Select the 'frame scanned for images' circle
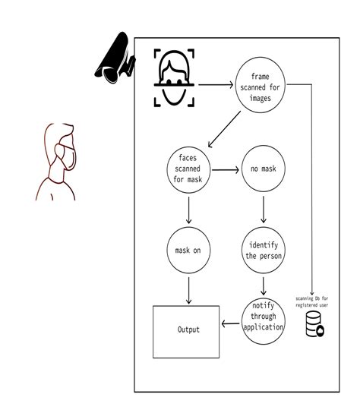263,87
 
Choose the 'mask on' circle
187,250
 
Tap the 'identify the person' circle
263,250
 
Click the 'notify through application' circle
263,320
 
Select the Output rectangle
187,329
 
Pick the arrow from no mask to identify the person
263,210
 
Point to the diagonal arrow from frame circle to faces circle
226,128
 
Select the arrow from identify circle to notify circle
263,285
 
